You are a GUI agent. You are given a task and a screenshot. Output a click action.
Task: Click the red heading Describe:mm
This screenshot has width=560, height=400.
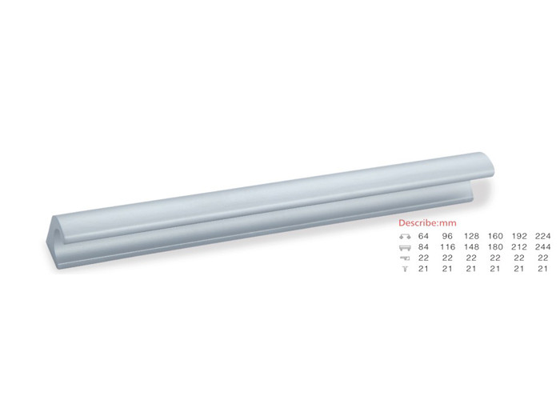point(427,223)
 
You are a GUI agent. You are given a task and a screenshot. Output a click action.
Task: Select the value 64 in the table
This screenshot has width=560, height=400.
point(423,236)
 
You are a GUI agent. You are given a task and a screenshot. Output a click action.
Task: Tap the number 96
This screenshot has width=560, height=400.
point(447,236)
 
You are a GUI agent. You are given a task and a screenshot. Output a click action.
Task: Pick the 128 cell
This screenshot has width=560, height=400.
point(471,236)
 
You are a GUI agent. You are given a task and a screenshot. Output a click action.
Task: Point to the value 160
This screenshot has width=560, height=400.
point(495,236)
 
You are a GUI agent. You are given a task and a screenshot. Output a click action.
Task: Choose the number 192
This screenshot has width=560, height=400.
point(519,236)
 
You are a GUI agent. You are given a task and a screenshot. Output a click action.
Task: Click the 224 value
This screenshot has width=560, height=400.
point(543,236)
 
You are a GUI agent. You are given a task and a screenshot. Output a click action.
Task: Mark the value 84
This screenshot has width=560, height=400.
point(423,246)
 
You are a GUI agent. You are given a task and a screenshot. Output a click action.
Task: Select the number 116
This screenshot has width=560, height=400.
point(447,246)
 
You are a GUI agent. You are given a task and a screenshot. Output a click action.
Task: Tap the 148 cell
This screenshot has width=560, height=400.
point(471,246)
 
